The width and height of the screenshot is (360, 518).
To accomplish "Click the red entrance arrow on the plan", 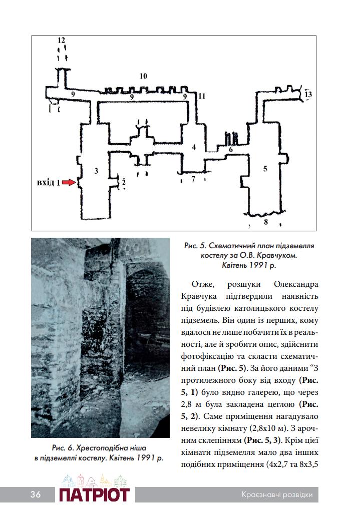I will (x=69, y=183).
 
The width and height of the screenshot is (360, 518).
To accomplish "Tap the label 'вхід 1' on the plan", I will (x=49, y=183).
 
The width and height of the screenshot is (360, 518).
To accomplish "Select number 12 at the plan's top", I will (x=62, y=40).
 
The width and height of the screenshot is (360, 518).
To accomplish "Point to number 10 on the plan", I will (x=143, y=77).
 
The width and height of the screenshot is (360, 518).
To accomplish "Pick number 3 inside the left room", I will (x=96, y=171).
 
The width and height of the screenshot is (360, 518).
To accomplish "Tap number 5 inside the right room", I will (x=265, y=169).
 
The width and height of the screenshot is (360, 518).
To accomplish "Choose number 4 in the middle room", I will (x=194, y=147).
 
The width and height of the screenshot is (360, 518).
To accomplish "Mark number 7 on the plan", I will (x=193, y=179).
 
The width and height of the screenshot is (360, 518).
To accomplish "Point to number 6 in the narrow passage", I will (x=231, y=150).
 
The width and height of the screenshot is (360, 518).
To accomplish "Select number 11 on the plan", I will (x=202, y=96).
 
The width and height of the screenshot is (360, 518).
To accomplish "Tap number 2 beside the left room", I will (x=123, y=183).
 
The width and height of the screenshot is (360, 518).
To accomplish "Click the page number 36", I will (x=35, y=495).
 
